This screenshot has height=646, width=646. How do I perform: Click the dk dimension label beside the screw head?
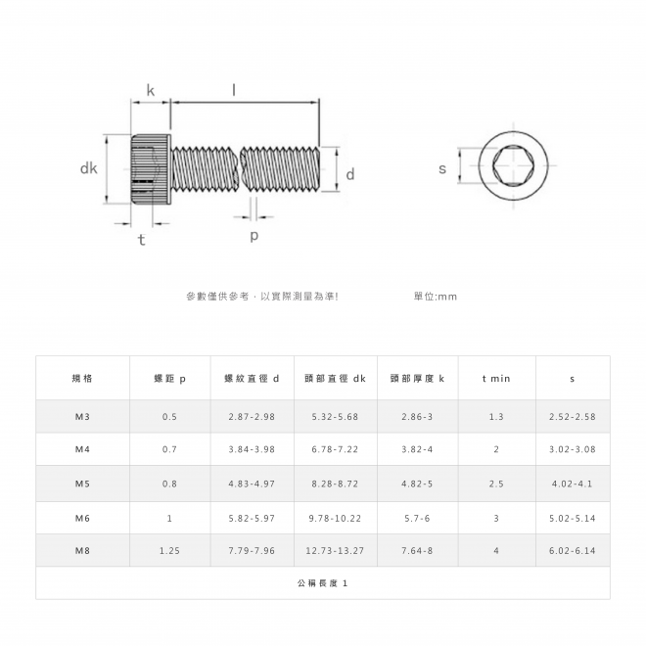88,168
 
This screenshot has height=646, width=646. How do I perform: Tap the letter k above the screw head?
151,90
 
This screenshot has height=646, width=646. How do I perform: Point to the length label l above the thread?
234,89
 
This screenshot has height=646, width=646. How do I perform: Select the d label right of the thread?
350,174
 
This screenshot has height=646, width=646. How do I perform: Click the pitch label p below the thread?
254,236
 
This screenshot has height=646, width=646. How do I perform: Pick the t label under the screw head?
142,240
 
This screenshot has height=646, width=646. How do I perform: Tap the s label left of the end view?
442,168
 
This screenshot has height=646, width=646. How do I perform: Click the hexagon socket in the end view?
513,165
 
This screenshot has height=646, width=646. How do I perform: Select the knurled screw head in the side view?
151,168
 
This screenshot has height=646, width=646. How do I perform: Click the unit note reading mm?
436,297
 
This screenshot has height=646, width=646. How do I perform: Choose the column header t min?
496,378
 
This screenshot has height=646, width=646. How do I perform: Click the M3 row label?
82,417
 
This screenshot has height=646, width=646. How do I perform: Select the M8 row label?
82,550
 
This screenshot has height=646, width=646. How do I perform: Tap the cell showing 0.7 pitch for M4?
169,449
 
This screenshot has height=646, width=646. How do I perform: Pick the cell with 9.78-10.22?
335,519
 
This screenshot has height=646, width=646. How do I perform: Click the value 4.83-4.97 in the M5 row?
252,484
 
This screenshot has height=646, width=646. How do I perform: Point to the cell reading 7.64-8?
417,550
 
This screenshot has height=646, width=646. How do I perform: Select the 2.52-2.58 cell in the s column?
573,417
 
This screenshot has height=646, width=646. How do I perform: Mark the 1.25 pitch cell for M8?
169,550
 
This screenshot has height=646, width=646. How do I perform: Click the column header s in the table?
573,379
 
